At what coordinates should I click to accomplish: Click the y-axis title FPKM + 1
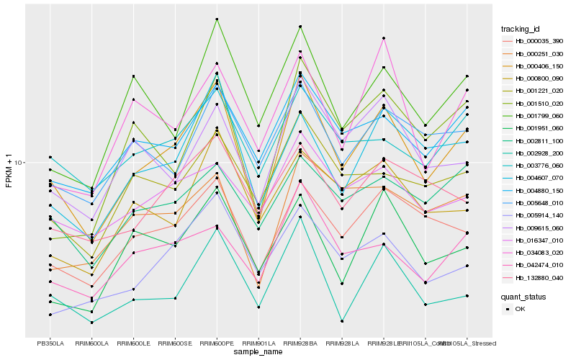[x=9, y=169]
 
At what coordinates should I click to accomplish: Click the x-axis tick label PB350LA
[x=50, y=343]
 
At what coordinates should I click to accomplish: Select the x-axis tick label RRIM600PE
[x=217, y=343]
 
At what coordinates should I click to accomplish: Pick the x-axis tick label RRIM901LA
[x=258, y=343]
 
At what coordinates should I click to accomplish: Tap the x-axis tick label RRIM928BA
[x=300, y=343]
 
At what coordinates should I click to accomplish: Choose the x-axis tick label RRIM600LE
[x=133, y=343]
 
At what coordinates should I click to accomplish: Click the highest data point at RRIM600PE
[x=217, y=19]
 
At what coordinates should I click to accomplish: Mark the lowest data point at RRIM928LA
[x=342, y=321]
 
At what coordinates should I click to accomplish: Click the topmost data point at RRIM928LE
[x=384, y=38]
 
